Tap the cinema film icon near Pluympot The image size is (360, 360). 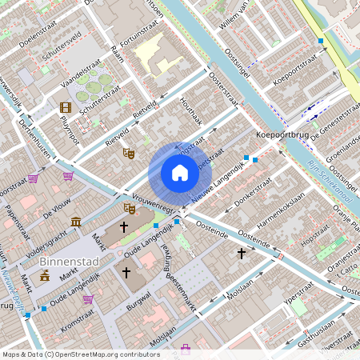[65, 107]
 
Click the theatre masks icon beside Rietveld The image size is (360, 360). [127, 152]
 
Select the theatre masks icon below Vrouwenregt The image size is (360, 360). [129, 209]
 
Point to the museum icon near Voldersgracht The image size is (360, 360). [75, 222]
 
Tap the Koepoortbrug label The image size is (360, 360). [282, 135]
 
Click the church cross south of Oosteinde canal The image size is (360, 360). [241, 253]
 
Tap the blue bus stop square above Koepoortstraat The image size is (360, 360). [321, 40]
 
